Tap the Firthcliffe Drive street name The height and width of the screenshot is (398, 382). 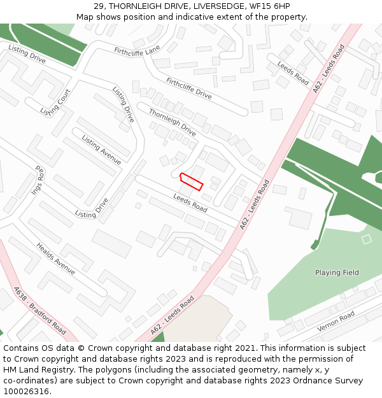click(188, 88)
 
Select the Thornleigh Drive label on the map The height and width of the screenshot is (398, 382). click(172, 122)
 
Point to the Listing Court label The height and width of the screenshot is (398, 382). click(55, 103)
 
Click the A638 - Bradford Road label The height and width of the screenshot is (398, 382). click(39, 310)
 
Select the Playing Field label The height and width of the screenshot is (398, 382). click(337, 273)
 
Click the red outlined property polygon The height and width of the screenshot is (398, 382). click(191, 181)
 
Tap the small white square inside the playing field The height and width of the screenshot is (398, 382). click(366, 239)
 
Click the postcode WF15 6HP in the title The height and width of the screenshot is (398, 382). click(269, 6)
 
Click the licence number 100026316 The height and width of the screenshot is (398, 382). click(26, 391)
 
